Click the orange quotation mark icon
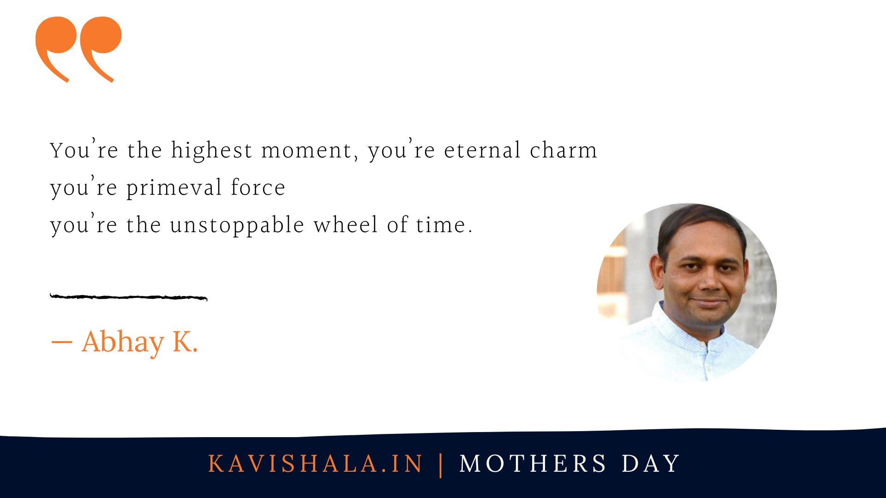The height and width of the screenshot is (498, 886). coord(78,49)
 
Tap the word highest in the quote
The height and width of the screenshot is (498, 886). coord(211,150)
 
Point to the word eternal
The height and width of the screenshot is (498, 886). coord(483,150)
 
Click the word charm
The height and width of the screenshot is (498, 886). coord(563,150)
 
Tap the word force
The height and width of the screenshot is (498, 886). coord(258,187)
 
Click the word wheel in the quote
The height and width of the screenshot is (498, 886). coord(346,225)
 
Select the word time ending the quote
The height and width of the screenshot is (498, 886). coord(441,225)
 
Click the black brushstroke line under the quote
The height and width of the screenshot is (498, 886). coord(128,297)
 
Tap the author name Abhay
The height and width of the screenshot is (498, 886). coord(123,343)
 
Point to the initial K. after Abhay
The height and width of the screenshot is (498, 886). coord(185,342)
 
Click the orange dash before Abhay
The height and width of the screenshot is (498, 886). coord(61,343)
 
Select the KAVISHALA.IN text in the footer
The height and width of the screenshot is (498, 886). coord(315,464)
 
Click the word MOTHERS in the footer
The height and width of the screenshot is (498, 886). coord(533,464)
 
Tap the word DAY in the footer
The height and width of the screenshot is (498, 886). coord(651,464)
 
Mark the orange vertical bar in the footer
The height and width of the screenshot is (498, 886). coord(441,465)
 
